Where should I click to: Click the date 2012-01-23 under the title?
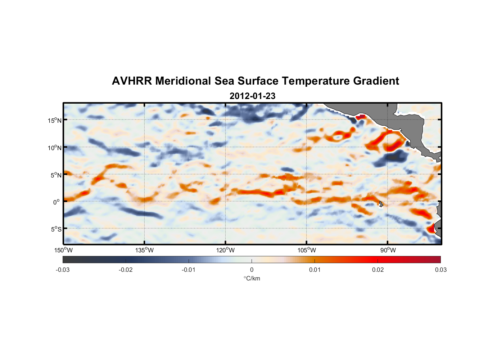pyautogui.click(x=252, y=96)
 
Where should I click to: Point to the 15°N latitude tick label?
pyautogui.click(x=55, y=120)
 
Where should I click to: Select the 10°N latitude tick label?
pyautogui.click(x=55, y=148)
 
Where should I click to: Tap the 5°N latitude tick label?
pyautogui.click(x=56, y=175)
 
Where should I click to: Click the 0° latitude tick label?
pyautogui.click(x=57, y=202)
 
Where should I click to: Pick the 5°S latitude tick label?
pyautogui.click(x=56, y=229)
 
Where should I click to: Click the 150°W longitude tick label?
pyautogui.click(x=63, y=250)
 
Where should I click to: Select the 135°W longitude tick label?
pyautogui.click(x=144, y=250)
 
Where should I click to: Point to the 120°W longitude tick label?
pyautogui.click(x=226, y=250)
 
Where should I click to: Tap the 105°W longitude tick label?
pyautogui.click(x=307, y=250)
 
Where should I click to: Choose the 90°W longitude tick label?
pyautogui.click(x=388, y=250)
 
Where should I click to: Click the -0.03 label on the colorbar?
pyautogui.click(x=63, y=270)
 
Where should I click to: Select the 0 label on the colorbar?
pyautogui.click(x=252, y=270)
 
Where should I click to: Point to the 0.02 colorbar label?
pyautogui.click(x=378, y=270)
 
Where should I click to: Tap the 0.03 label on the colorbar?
pyautogui.click(x=440, y=270)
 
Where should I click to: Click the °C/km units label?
pyautogui.click(x=252, y=278)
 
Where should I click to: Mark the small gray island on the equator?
pyautogui.click(x=381, y=204)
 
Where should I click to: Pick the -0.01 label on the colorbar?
pyautogui.click(x=189, y=270)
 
